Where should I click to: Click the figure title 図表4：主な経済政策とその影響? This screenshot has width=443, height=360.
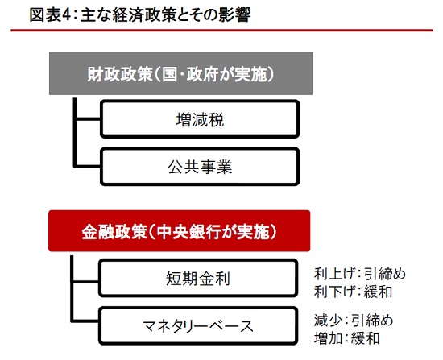140,14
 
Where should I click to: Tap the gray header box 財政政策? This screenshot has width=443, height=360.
180,73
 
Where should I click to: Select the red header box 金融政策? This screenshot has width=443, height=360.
180,231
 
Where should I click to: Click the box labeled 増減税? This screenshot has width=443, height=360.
200,119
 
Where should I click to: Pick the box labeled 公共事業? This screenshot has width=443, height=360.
200,167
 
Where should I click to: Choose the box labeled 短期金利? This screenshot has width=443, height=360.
198,278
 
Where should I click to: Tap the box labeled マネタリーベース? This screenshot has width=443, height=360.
198,325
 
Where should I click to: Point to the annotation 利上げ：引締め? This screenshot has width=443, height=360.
360,274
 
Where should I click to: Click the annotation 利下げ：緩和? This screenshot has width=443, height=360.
353,292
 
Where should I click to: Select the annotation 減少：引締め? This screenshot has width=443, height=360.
354,321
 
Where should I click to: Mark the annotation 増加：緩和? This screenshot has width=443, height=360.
346,338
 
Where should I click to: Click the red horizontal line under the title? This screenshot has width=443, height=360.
221,31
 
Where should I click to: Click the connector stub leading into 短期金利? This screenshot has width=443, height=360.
86,282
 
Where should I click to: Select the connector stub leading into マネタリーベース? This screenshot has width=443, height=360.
86,321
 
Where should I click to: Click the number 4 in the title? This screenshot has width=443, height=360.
66,15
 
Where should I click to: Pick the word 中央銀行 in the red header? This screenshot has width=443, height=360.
189,232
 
